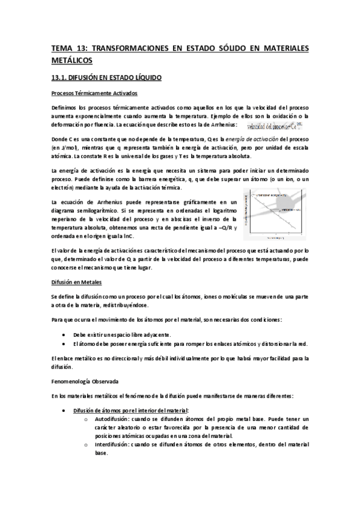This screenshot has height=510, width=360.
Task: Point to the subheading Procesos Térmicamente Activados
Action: click(95, 94)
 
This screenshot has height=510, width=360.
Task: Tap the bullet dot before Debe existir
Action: click(64, 334)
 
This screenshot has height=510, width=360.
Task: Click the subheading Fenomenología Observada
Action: click(84, 381)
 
